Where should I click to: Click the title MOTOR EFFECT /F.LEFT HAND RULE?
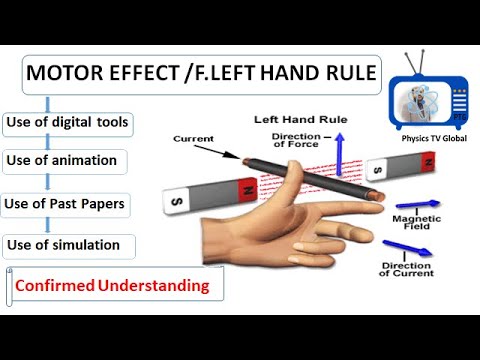[200, 73]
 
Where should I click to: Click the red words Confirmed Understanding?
[113, 286]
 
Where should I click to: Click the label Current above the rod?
[193, 138]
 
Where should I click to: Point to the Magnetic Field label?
[410, 222]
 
